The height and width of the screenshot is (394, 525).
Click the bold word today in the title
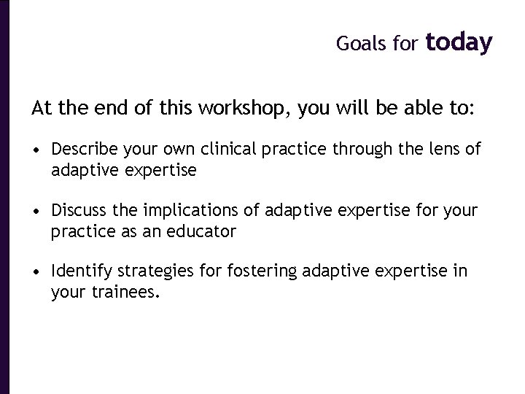pos(459,43)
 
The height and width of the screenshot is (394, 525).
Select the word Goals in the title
pos(359,45)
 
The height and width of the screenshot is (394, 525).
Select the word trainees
pos(120,293)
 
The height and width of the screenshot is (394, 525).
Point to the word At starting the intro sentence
pos(41,109)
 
